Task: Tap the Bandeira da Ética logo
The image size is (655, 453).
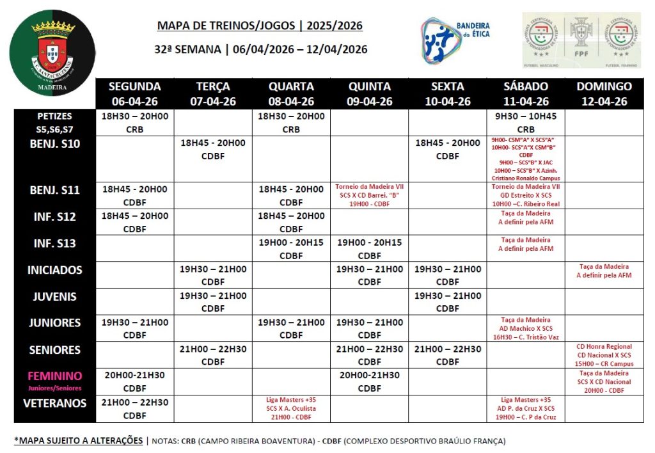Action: click(455, 40)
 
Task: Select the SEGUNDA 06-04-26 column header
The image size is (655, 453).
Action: click(134, 93)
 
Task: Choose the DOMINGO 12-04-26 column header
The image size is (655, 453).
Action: click(604, 93)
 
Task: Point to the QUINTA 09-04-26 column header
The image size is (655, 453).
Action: click(369, 93)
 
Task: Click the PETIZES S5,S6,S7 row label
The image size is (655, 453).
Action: click(54, 122)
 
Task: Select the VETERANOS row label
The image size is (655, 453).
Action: click(54, 403)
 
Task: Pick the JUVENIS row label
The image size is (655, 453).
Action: click(54, 297)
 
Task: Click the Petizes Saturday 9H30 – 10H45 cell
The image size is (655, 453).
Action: click(525, 122)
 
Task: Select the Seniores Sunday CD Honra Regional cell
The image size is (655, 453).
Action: click(604, 355)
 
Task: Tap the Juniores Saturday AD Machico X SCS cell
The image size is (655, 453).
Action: click(525, 328)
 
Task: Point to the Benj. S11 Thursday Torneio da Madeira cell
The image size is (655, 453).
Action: click(369, 195)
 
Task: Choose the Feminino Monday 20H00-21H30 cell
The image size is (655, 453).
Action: click(134, 381)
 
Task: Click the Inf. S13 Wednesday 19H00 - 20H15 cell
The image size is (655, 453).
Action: click(291, 249)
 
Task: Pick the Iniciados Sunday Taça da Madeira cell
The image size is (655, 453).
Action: click(604, 271)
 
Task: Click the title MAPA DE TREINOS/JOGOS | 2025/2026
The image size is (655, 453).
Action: click(260, 26)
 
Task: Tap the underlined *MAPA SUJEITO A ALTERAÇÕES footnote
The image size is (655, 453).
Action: click(78, 440)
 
